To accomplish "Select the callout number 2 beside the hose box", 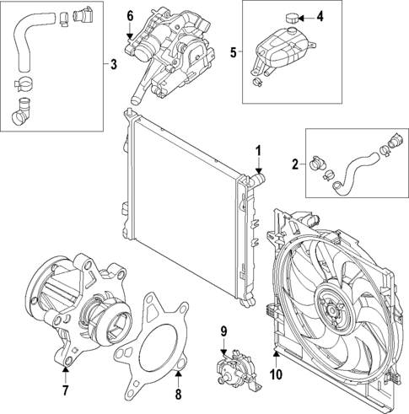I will pyautogui.click(x=294, y=164).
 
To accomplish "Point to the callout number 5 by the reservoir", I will pyautogui.click(x=234, y=53).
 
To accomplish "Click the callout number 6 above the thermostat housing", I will pyautogui.click(x=130, y=16).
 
